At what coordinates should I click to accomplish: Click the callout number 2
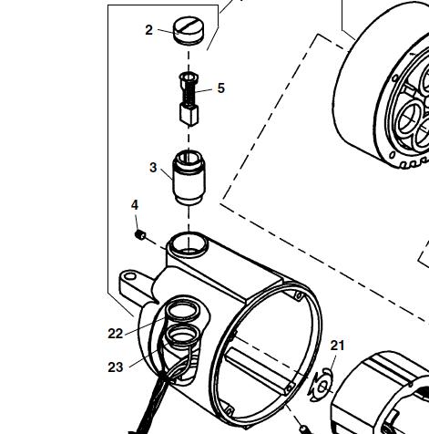148,30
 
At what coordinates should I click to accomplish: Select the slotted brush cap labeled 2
189,31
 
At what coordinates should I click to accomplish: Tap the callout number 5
221,88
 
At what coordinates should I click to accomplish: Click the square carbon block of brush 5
189,115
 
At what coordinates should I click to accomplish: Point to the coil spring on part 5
189,93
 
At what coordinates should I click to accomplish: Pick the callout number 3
153,168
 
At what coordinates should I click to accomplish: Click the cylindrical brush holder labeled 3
189,178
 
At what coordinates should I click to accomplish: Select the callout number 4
135,205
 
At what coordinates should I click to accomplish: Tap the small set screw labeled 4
140,235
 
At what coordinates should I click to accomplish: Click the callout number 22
116,334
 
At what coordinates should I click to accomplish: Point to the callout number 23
116,367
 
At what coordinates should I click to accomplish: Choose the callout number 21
337,346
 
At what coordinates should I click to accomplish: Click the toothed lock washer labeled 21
322,386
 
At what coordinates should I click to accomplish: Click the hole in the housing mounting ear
130,276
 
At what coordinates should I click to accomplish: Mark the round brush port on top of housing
189,243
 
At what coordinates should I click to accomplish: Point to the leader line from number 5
204,90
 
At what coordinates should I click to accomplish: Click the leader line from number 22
145,326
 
